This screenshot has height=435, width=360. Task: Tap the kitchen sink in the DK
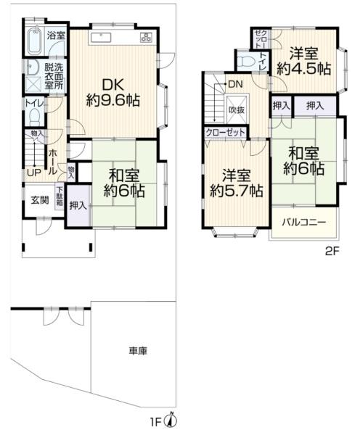[x=101, y=38]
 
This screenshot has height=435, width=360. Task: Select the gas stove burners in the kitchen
[x=146, y=37]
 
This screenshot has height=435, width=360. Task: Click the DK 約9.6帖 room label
[x=113, y=92]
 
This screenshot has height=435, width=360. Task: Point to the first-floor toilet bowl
[x=34, y=117]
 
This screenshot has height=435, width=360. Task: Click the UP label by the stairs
[x=34, y=173]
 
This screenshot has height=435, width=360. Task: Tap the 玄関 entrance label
[x=40, y=200]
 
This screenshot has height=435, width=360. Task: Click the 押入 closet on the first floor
[x=78, y=206]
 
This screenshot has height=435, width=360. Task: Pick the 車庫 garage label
[x=138, y=351]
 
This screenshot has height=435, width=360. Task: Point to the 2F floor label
[x=332, y=252]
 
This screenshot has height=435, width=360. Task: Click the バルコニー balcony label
[x=304, y=223]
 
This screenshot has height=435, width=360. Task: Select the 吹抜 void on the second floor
[x=237, y=109]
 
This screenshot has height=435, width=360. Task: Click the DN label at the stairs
[x=236, y=84]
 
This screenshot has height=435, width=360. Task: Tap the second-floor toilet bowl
[x=246, y=61]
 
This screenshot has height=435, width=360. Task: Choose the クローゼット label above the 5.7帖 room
[x=225, y=133]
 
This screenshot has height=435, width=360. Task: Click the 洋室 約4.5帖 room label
[x=304, y=62]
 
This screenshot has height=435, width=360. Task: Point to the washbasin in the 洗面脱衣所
[x=33, y=67]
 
